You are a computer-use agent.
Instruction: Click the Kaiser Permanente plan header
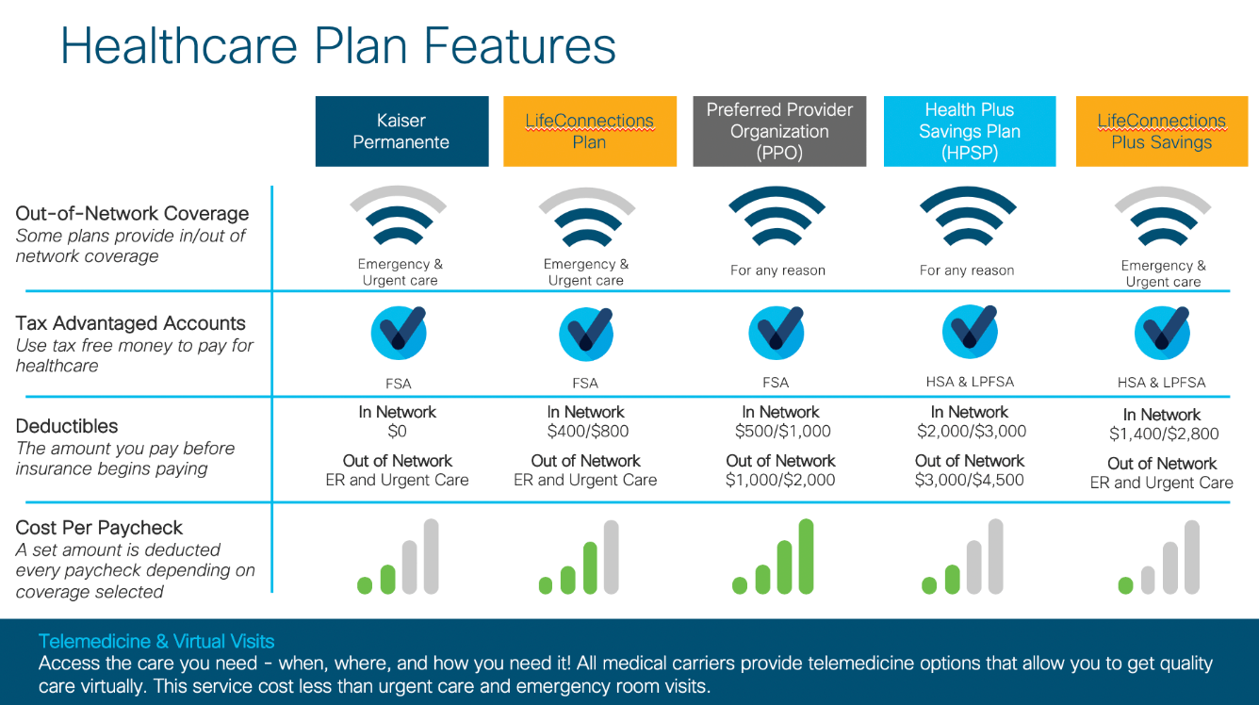tap(401, 131)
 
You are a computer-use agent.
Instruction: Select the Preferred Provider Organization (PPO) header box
tap(779, 131)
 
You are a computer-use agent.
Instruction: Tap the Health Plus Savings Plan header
tap(969, 131)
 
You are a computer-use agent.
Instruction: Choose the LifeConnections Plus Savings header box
tap(1161, 131)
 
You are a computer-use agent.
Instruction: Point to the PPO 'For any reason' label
tap(777, 271)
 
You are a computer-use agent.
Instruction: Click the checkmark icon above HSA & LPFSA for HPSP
tap(969, 333)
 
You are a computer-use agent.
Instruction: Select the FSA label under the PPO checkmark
tap(776, 383)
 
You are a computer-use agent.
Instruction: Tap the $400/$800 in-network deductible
tap(587, 432)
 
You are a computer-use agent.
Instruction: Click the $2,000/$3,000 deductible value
tap(972, 432)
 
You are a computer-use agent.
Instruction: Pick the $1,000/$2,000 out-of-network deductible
tap(780, 481)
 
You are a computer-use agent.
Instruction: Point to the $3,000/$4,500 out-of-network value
tap(970, 481)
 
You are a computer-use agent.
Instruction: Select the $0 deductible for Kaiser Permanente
tap(397, 432)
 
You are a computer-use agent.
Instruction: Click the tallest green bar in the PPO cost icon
tap(806, 556)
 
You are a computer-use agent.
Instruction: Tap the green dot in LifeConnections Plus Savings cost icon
tap(1125, 585)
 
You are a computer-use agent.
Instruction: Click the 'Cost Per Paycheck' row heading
tap(99, 528)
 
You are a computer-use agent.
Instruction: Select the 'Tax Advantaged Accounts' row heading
tap(130, 323)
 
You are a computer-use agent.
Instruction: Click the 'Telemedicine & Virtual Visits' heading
tap(156, 642)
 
